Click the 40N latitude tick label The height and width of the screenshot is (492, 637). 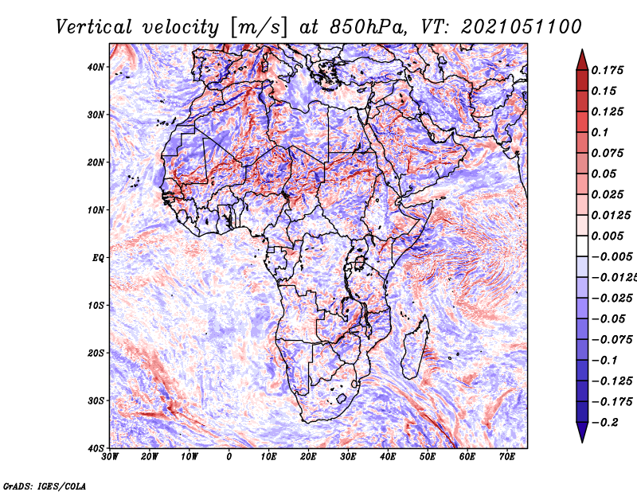[96, 67]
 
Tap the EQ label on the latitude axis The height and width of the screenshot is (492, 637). [98, 258]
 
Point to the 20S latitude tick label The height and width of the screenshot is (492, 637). [96, 353]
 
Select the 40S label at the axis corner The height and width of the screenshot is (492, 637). [96, 448]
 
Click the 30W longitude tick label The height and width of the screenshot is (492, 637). [110, 457]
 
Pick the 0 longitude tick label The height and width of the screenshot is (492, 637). [229, 457]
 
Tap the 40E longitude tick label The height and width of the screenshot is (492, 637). [388, 457]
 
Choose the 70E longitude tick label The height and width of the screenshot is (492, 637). [507, 457]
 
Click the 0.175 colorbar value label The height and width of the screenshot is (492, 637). [607, 70]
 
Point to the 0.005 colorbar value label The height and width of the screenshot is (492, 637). [607, 236]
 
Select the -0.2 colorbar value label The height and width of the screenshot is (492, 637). [604, 423]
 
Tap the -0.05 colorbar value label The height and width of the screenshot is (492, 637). [608, 319]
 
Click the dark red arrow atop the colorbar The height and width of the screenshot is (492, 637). [582, 61]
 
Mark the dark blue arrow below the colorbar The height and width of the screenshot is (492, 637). [582, 432]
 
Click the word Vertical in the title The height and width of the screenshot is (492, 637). [94, 27]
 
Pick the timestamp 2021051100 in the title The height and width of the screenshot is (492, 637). [522, 27]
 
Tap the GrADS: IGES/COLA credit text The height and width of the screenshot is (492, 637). [45, 486]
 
